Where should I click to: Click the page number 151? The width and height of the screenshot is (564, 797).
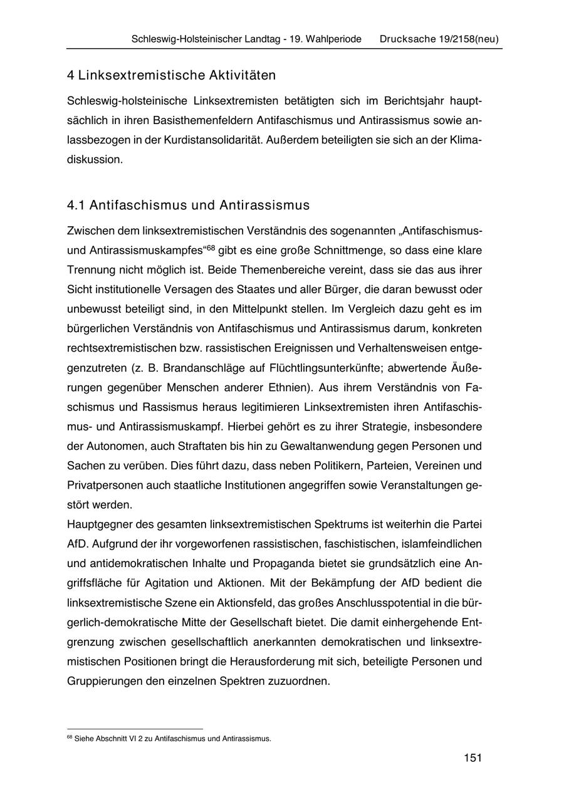(x=473, y=758)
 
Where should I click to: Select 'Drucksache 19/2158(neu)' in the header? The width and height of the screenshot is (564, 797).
(x=439, y=39)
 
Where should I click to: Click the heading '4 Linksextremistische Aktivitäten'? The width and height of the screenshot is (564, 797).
(x=172, y=76)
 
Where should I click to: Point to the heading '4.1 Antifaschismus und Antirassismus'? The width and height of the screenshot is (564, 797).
(x=188, y=206)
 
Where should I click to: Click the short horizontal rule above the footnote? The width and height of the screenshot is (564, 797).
(x=135, y=729)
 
